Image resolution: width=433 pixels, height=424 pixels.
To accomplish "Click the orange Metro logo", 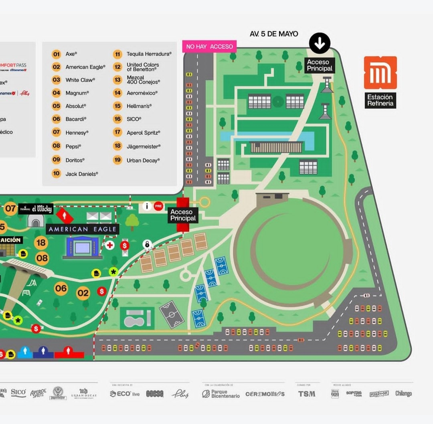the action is [x=380, y=73].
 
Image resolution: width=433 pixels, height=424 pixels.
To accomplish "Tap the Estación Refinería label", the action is [x=380, y=100].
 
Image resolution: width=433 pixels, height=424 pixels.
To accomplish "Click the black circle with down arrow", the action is [x=320, y=43].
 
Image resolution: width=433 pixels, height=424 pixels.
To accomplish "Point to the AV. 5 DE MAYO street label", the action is [x=274, y=34].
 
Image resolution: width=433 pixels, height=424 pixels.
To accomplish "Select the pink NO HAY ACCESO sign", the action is [x=209, y=47].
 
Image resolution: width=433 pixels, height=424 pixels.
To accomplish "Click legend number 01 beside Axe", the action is [x=57, y=54].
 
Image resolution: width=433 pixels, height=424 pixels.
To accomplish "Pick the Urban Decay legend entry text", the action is [x=143, y=160].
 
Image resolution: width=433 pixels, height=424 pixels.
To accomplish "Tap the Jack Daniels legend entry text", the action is [x=82, y=174].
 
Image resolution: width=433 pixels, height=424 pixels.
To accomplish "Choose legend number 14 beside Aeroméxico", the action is [x=117, y=93].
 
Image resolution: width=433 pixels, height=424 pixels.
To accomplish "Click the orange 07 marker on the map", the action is [x=10, y=209].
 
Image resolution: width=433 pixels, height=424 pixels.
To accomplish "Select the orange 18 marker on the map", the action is [x=41, y=243].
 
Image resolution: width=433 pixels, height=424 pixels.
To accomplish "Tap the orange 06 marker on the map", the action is [x=61, y=288].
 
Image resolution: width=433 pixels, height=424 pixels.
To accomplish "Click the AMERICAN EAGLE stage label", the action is [x=83, y=229].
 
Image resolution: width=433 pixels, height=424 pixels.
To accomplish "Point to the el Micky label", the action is [x=42, y=209].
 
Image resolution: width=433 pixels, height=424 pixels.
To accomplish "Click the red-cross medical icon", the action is [x=109, y=245].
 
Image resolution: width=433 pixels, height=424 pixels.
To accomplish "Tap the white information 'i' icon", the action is [x=147, y=206].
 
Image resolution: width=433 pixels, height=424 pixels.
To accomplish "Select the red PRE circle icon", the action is [x=158, y=206].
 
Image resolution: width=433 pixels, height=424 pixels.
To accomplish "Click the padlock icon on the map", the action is [x=147, y=244].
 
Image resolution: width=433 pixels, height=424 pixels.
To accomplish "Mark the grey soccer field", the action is [x=172, y=314].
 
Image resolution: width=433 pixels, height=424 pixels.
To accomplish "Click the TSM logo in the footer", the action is [x=307, y=394].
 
